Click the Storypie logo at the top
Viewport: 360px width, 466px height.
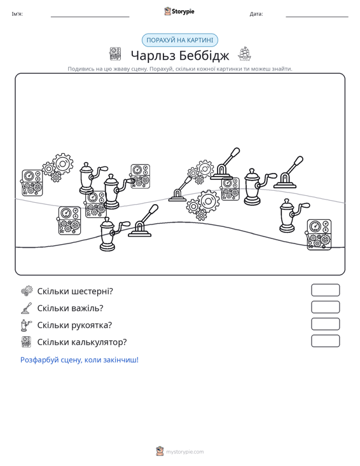coord(179,11)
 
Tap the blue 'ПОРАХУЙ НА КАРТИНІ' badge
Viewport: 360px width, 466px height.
coord(180,40)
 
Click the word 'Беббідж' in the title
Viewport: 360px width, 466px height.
coord(205,55)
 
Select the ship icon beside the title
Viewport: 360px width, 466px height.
coord(244,54)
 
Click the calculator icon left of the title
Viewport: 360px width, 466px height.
coord(115,54)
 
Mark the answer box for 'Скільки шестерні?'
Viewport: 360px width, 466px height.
coord(325,290)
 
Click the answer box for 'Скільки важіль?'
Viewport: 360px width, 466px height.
coord(325,307)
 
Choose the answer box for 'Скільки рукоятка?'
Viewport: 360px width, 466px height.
coord(325,324)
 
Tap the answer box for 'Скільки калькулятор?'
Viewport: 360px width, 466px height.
coord(325,341)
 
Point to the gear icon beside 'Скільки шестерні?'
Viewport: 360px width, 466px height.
coord(27,291)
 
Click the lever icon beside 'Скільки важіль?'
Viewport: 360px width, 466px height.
coord(27,308)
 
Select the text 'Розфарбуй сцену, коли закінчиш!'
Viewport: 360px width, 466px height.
coord(80,360)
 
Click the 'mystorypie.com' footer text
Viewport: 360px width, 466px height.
coord(185,452)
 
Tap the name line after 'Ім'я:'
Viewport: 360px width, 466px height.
coord(90,17)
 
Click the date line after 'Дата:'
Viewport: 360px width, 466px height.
coord(317,17)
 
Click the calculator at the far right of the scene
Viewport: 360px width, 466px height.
coord(319,235)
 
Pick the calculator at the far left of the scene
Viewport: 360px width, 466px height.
coord(32,182)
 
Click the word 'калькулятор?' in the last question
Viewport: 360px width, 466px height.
coord(99,342)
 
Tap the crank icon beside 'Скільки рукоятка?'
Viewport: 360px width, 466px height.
coord(26,325)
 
